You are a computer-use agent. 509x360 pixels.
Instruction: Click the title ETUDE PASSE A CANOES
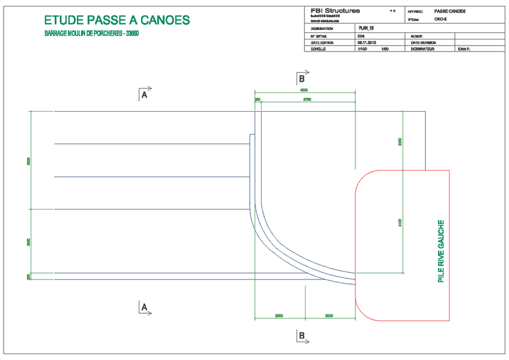[x=118, y=20]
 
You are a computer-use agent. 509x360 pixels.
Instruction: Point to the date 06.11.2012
[x=366, y=43]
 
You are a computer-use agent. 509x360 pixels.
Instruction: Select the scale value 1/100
[x=362, y=50]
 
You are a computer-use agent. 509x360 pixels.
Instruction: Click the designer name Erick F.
[x=464, y=50]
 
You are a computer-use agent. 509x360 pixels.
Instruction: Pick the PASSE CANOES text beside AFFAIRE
[x=450, y=11]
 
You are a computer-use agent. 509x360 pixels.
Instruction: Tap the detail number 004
[x=360, y=36]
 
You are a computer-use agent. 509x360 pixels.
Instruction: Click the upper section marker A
[x=143, y=94]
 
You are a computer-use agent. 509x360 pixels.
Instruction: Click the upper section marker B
[x=302, y=78]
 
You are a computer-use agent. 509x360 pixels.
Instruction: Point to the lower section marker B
[x=302, y=335]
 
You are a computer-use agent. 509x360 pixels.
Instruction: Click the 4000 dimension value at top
[x=305, y=90]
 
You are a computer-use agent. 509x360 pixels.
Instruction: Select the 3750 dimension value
[x=306, y=100]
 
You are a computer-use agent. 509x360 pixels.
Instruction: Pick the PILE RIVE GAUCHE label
[x=441, y=252]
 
